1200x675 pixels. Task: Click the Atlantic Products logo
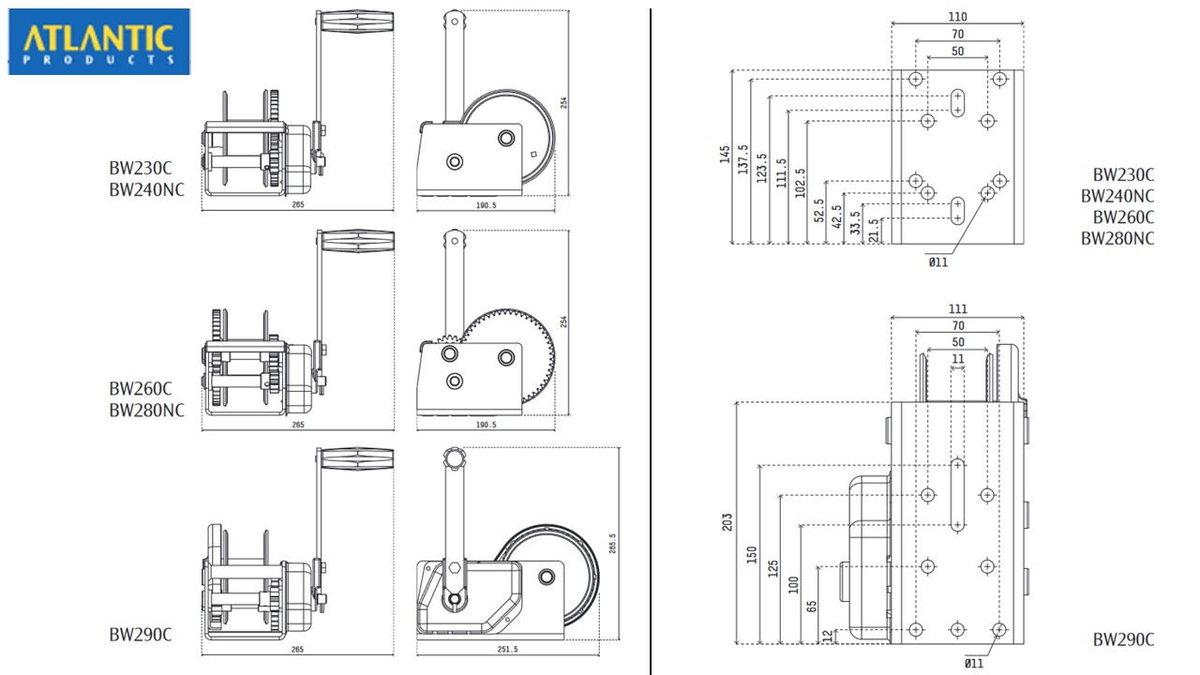pos(99,41)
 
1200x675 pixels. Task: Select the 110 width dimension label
pos(957,16)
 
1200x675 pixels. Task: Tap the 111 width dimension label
pos(957,308)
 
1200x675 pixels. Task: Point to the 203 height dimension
pos(728,522)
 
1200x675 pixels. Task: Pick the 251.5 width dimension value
pos(508,648)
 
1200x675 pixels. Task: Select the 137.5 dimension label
pos(743,160)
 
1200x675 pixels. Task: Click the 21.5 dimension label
pos(874,230)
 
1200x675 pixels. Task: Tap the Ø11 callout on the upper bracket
pos(937,262)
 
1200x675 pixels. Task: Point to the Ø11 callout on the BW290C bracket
pos(974,664)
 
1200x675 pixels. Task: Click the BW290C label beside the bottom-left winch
pos(141,635)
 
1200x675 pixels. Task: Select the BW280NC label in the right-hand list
pos(1117,238)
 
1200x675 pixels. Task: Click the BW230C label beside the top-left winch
pos(141,170)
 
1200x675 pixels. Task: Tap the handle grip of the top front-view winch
pos(356,22)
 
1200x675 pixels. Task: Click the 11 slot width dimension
pos(957,359)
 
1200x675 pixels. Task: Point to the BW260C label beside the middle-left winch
pos(141,388)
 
